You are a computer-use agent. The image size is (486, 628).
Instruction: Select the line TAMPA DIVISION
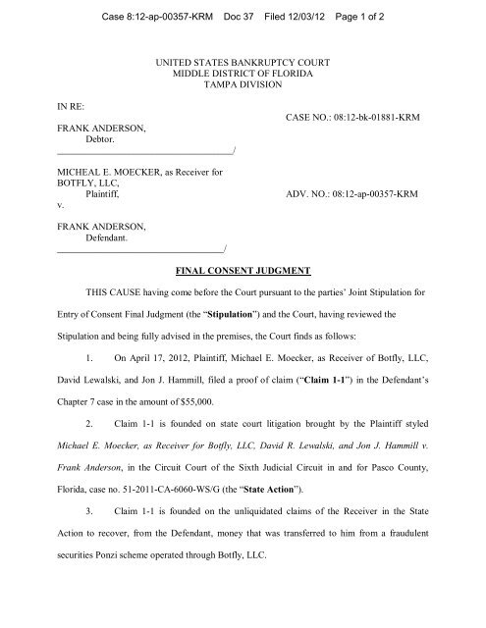tap(243, 85)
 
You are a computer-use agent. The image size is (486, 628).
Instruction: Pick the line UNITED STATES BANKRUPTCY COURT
tap(243, 62)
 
